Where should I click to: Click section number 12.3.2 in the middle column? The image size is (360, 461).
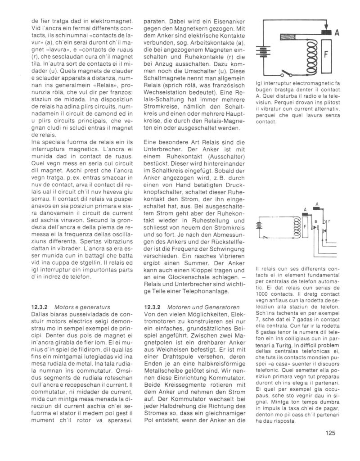click(x=153, y=307)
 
